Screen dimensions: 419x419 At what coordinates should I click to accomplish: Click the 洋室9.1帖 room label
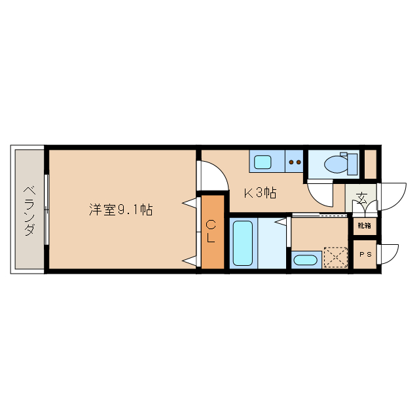point(121,210)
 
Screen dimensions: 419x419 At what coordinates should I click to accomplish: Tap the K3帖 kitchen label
point(260,193)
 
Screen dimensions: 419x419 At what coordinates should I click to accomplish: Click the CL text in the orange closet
point(211,232)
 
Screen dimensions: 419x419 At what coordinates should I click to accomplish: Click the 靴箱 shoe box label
point(363,226)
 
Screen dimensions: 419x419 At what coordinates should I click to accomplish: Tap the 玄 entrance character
point(362,196)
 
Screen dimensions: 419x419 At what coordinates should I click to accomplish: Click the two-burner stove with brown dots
point(294,161)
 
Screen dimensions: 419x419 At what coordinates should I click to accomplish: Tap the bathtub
point(242,244)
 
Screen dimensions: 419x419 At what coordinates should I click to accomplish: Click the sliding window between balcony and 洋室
point(46,209)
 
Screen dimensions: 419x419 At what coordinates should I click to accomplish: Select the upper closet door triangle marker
point(191,203)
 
